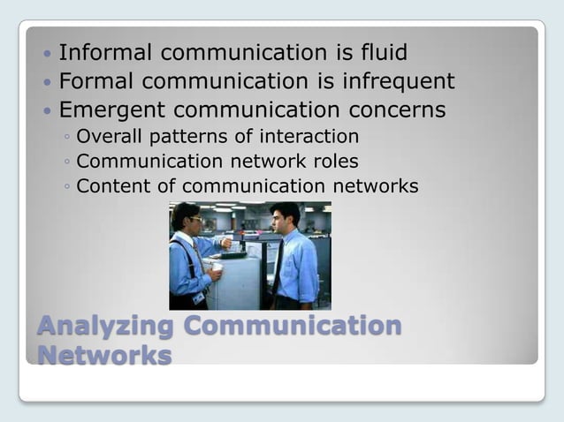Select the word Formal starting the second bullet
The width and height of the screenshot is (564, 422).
click(x=93, y=82)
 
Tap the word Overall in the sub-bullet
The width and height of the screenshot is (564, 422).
click(x=106, y=137)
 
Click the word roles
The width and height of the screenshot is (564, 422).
click(x=335, y=162)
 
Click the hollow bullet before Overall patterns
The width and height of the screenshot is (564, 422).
click(x=68, y=138)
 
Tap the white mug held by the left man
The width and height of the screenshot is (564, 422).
click(x=217, y=267)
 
